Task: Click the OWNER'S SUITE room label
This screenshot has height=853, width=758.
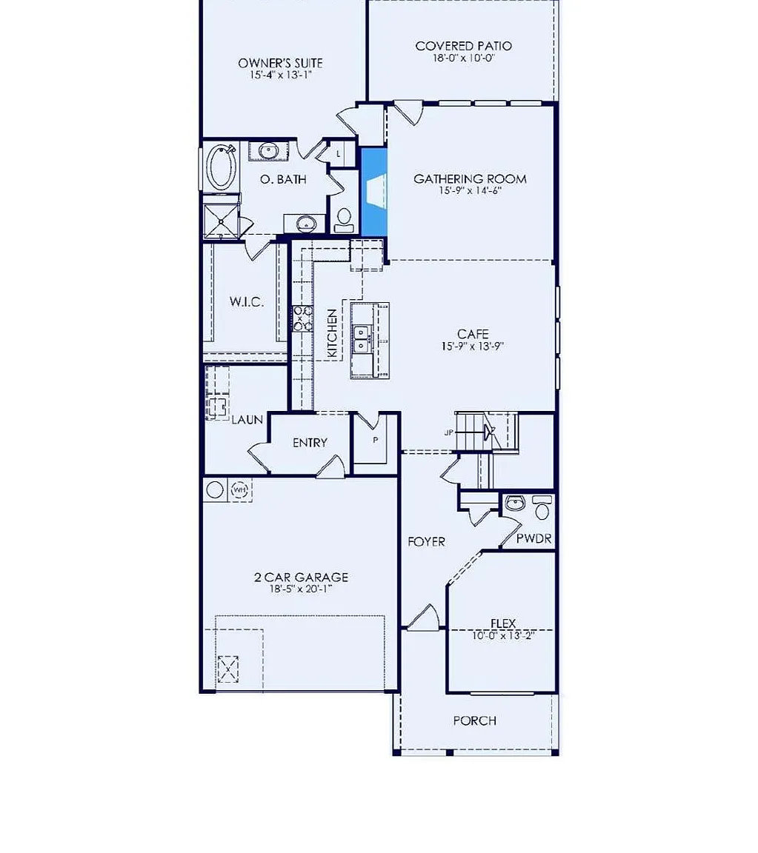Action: pos(280,63)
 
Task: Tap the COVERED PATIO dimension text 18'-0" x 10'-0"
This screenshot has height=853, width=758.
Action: pos(463,58)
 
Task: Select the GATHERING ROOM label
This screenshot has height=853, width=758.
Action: pos(470,178)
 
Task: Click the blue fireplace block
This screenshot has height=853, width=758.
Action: pos(374,192)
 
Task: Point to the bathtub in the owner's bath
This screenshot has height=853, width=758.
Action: pos(222,167)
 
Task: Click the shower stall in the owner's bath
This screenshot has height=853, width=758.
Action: pos(221,221)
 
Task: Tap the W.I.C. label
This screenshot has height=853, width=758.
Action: pos(247,301)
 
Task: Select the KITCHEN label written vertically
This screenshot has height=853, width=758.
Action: pos(332,333)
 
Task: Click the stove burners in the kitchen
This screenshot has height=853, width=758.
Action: pos(302,318)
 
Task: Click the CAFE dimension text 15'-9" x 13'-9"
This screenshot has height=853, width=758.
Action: pos(473,346)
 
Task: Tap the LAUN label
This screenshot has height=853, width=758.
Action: pos(247,419)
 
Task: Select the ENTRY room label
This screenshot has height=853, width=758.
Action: pos(310,443)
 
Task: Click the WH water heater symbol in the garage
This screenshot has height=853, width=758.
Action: pos(239,490)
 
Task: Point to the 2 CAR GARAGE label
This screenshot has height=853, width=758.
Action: pos(301,577)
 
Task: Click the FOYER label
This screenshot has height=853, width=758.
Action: pos(426,541)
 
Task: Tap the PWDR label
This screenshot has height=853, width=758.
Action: pos(533,538)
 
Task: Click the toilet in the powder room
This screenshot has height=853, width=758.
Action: pos(542,508)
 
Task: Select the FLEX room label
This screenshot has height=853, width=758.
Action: pos(503,623)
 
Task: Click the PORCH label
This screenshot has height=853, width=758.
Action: pos(475,720)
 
